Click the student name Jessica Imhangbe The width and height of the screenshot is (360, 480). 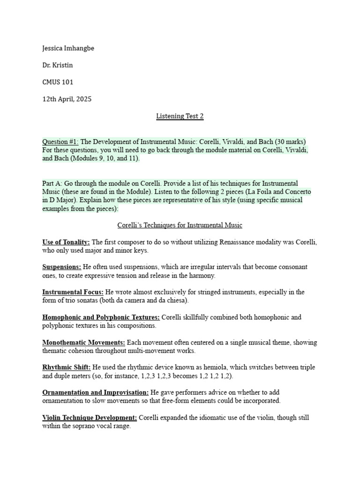click(68, 48)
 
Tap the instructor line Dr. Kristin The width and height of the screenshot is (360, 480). click(58, 65)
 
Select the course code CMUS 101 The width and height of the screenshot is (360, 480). click(58, 82)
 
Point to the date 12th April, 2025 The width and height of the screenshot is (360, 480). click(67, 99)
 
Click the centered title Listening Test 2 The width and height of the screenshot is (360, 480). click(180, 116)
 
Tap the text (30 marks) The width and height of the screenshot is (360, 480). click(290, 142)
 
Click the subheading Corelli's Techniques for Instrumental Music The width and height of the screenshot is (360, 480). click(180, 225)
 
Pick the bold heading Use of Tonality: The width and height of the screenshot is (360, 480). click(66, 242)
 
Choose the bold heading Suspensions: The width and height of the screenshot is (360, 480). click(62, 267)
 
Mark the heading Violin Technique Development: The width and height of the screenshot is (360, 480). click(90, 418)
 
